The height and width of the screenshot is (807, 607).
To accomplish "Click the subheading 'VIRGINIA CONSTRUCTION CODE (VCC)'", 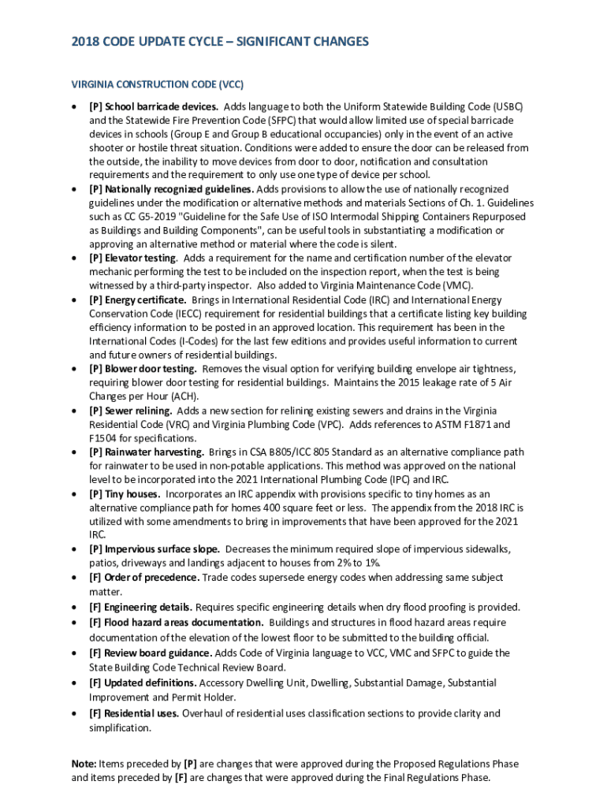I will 158,84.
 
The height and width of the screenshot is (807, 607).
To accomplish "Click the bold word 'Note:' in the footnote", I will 84,764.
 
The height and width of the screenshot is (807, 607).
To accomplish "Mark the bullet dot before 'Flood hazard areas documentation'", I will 73,623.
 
